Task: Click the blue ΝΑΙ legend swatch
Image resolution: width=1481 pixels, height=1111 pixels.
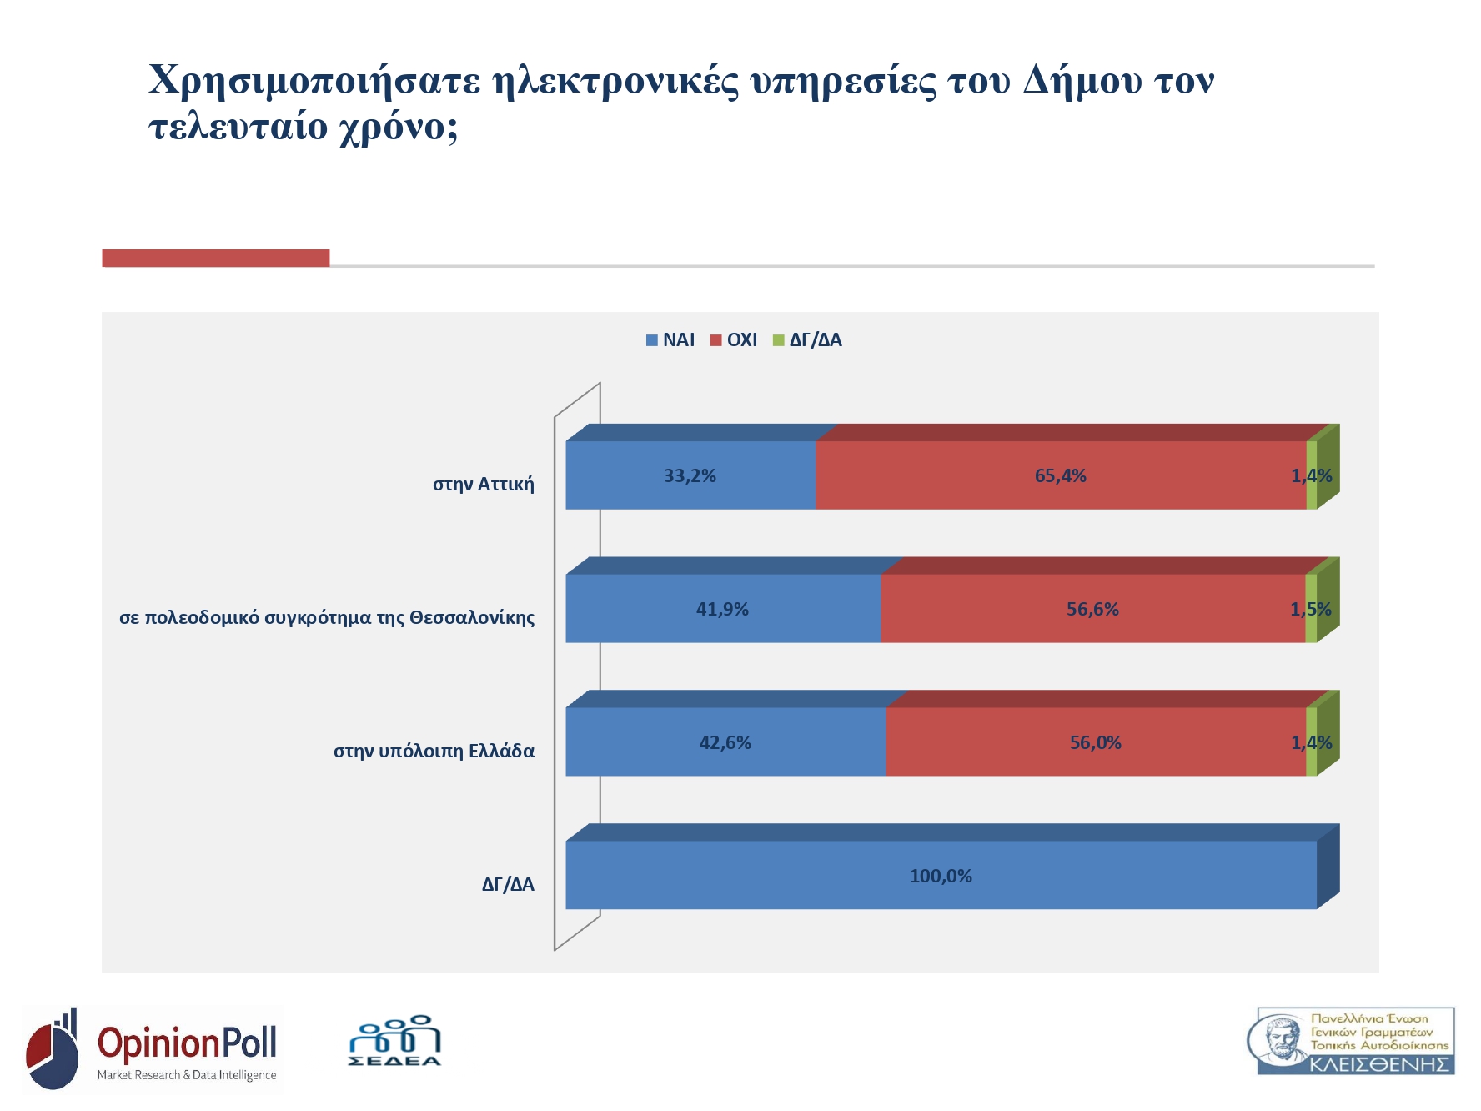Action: pos(652,340)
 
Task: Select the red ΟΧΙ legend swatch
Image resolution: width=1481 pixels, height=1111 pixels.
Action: pos(715,340)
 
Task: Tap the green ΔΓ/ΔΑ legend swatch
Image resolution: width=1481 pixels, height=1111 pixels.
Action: pos(779,340)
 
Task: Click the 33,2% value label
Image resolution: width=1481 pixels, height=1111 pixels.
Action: pos(690,476)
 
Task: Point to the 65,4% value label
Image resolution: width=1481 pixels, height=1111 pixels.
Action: pos(1060,476)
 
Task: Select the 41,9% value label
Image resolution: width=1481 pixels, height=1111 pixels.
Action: pos(722,610)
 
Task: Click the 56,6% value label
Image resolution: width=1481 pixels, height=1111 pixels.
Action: pos(1092,610)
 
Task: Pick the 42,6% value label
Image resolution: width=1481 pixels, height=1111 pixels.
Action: pos(725,743)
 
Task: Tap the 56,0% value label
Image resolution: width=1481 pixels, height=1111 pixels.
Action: pos(1095,743)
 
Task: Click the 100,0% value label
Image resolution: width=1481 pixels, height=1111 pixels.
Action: pos(941,877)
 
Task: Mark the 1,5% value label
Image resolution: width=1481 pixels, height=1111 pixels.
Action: pos(1311,610)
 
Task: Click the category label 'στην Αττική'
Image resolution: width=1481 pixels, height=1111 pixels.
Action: pos(484,485)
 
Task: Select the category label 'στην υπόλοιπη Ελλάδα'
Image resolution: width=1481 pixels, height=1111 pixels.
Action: pos(434,752)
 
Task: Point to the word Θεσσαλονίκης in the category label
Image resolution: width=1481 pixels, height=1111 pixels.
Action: pos(472,618)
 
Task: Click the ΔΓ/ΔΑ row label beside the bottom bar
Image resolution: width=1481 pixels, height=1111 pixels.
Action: pos(508,885)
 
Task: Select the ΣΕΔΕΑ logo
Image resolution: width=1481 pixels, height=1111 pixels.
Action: pos(394,1041)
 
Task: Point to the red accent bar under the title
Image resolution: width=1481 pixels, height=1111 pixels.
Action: pos(215,259)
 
